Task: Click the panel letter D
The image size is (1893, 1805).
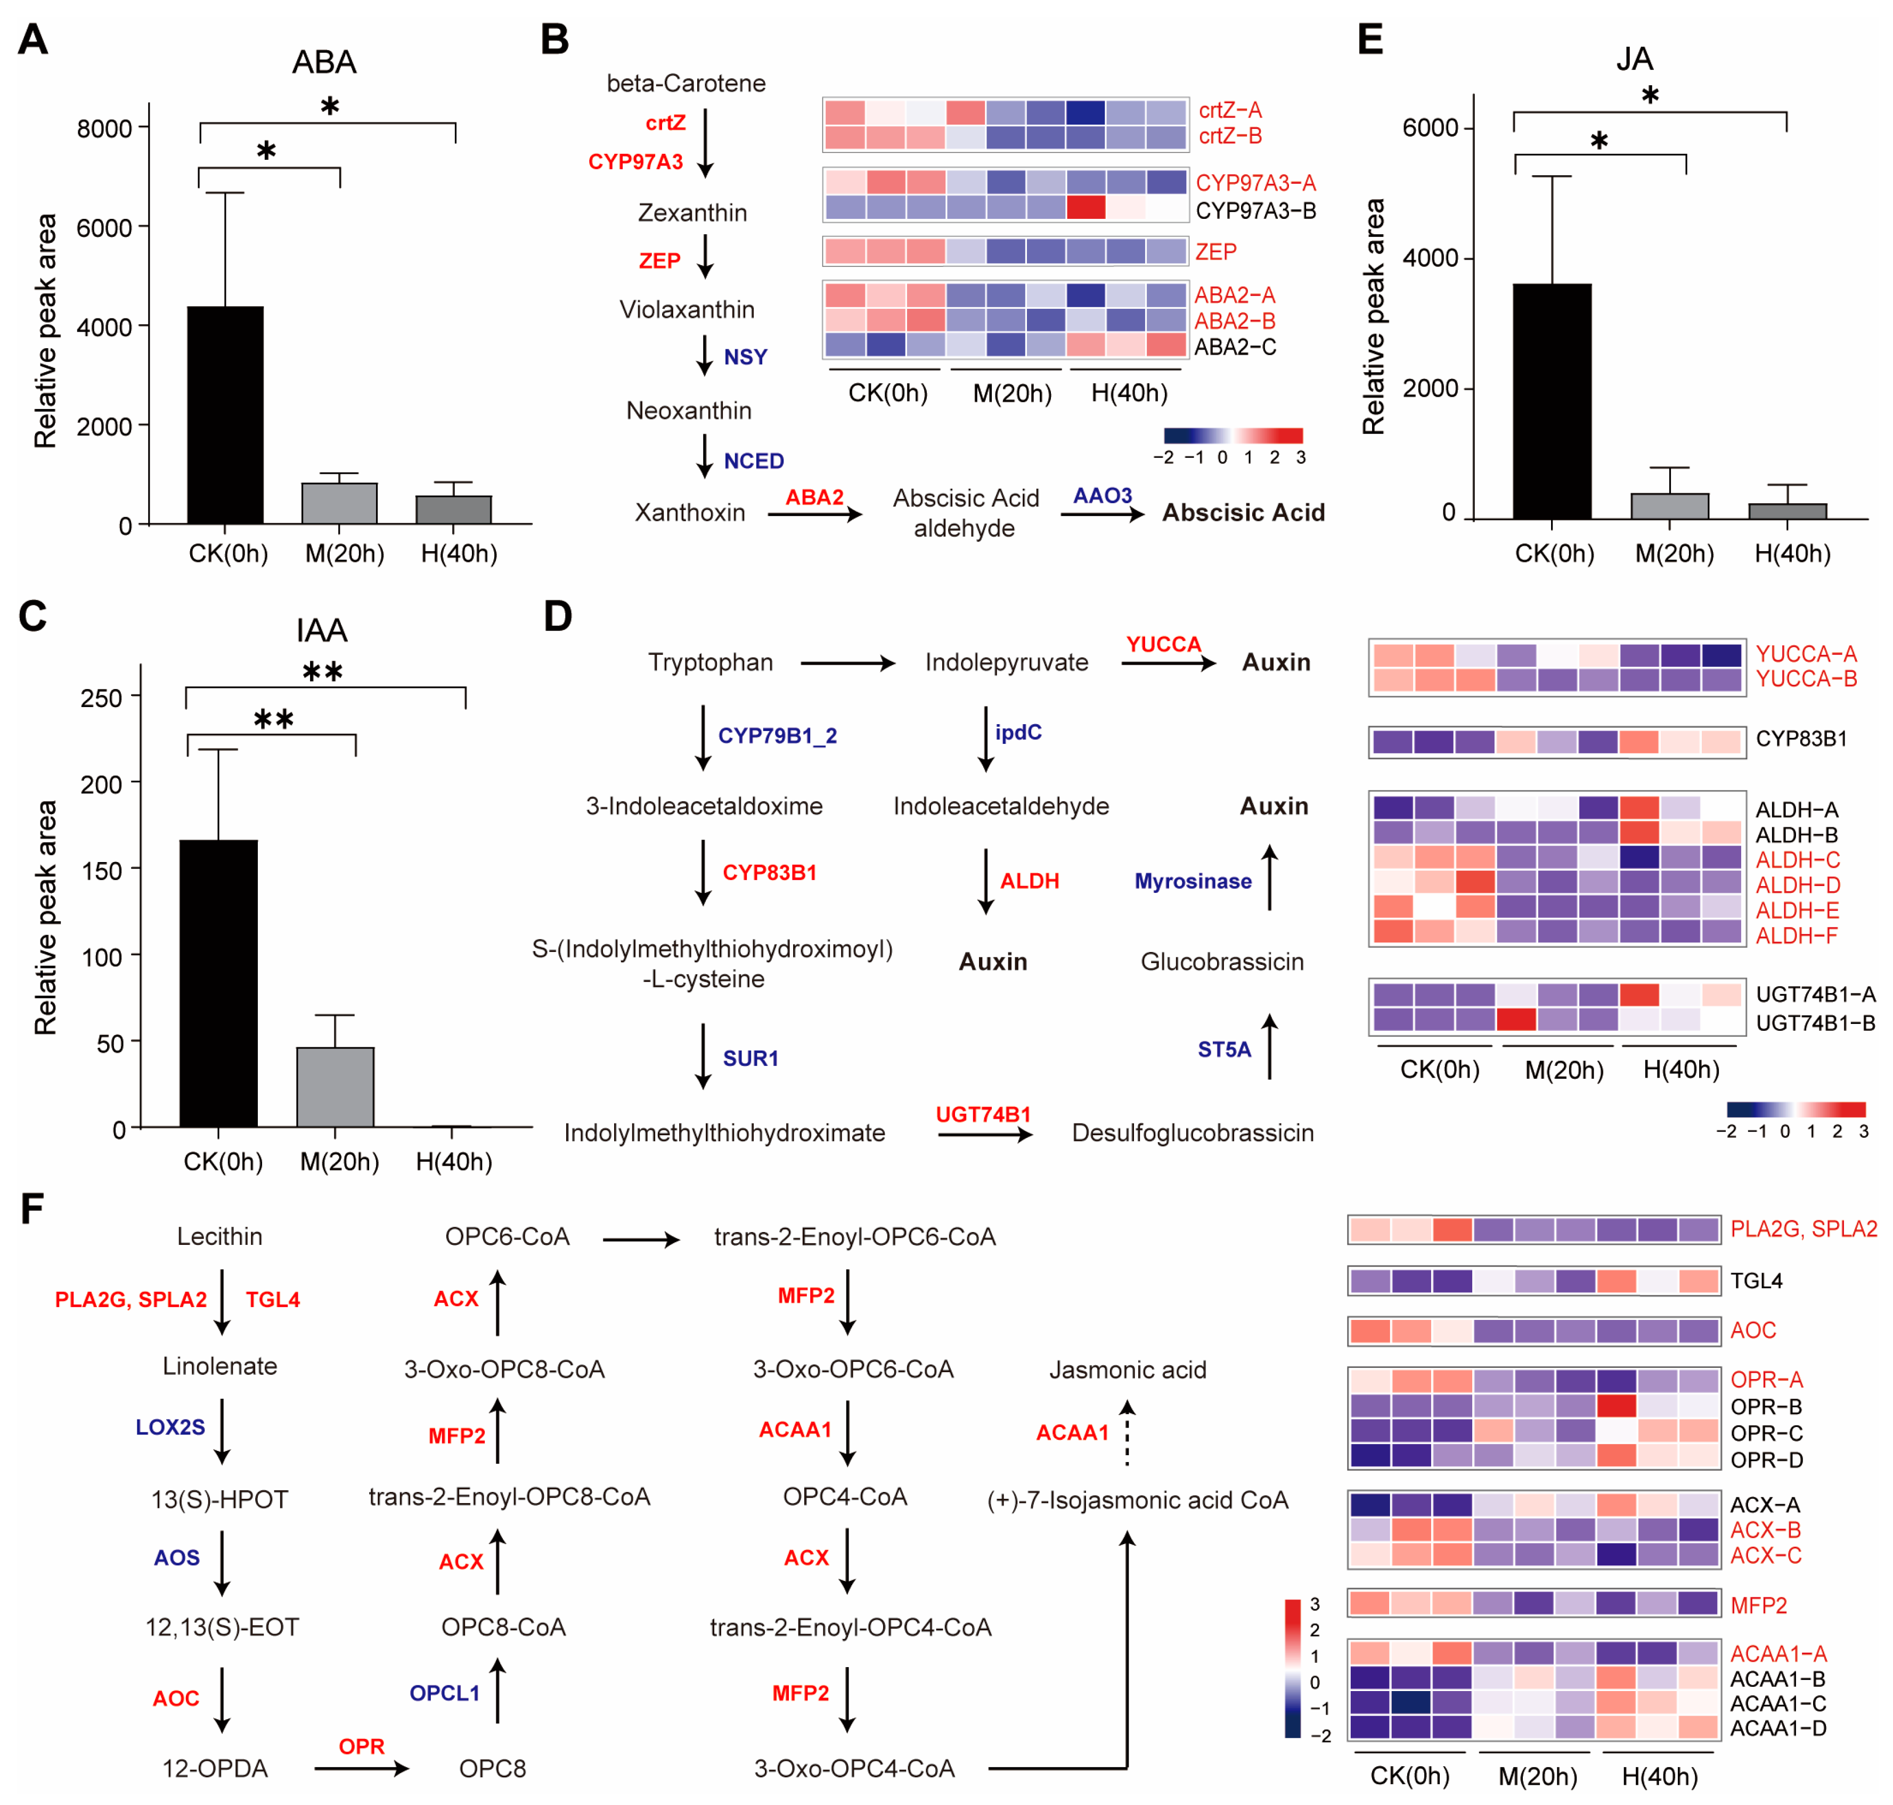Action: point(557,616)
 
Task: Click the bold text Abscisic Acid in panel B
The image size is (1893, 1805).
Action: point(1243,513)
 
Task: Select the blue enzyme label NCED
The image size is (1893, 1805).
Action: point(754,461)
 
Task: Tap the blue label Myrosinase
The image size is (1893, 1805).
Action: point(1193,881)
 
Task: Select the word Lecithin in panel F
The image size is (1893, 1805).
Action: point(219,1236)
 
